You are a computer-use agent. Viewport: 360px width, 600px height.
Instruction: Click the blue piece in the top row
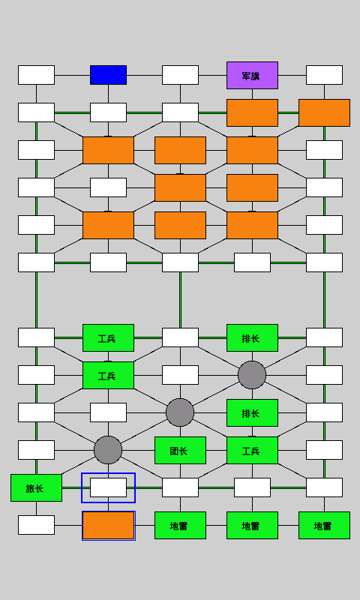(108, 75)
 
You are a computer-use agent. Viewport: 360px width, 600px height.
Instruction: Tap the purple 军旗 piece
(252, 75)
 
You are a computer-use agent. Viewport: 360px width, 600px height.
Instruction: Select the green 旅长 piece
(36, 487)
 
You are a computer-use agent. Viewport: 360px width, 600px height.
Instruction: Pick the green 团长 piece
(180, 450)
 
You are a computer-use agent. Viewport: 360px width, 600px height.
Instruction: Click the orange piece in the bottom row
(108, 525)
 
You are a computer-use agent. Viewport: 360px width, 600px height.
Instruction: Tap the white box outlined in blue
(108, 487)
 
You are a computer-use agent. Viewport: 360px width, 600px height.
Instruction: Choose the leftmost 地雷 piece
(180, 525)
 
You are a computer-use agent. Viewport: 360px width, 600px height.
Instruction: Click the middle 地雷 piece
(252, 525)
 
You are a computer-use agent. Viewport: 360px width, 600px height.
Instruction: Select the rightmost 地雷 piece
(324, 525)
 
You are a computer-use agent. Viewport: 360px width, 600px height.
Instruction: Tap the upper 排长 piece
(252, 337)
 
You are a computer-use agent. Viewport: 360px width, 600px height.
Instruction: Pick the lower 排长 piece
(252, 412)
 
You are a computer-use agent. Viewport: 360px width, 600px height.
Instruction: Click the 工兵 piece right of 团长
(252, 450)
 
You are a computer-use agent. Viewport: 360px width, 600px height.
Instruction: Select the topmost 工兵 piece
(108, 337)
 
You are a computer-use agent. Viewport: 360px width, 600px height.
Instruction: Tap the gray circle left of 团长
(108, 450)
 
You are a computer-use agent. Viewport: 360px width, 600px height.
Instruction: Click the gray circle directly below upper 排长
(252, 375)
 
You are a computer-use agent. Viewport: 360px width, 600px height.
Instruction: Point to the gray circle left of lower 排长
(180, 412)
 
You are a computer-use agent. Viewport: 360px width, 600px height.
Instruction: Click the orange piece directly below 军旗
(252, 112)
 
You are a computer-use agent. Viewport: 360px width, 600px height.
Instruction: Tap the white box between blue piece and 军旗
(180, 75)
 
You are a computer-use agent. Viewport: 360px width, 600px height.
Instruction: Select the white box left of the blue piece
(36, 75)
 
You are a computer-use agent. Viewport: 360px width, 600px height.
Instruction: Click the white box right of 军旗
(324, 75)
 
